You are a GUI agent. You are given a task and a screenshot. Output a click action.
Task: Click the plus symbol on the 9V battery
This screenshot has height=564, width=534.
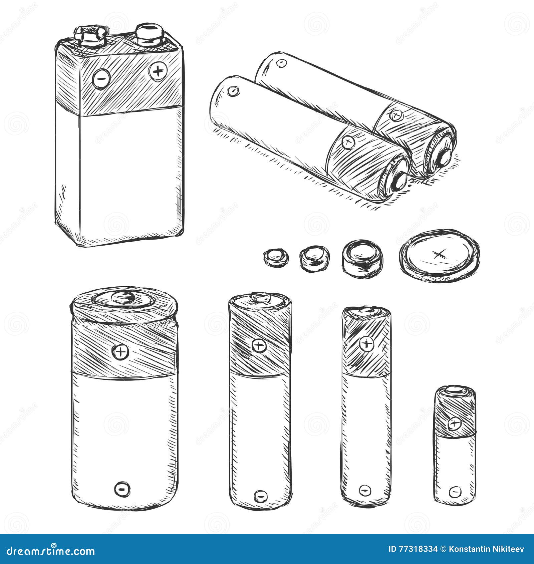click(158, 71)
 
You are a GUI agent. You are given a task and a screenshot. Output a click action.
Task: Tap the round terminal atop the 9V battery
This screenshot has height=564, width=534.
click(149, 33)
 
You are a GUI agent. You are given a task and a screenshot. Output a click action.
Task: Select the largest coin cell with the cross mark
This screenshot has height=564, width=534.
click(439, 255)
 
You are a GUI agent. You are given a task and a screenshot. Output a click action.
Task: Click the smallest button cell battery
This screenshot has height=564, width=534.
click(276, 257)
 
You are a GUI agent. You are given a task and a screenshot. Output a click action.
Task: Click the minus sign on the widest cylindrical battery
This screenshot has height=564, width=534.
click(122, 489)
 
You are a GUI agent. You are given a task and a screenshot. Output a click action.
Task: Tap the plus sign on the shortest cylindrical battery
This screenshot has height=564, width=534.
click(454, 424)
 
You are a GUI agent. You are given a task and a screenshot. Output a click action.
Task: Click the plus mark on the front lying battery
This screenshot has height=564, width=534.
click(348, 143)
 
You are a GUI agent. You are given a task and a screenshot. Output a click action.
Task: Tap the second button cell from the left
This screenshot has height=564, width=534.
click(314, 259)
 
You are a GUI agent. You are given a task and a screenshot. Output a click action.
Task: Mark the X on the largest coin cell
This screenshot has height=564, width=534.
click(439, 255)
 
